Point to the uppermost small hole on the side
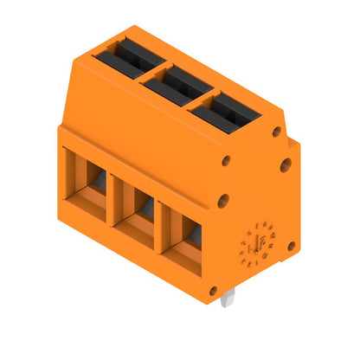276,132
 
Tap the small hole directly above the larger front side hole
225,161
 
